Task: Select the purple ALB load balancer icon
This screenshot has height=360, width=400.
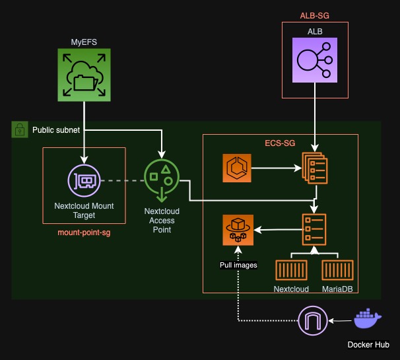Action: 316,59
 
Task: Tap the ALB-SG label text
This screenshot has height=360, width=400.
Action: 316,14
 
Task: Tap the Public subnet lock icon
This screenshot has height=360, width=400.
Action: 19,129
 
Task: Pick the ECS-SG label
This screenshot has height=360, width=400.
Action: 280,143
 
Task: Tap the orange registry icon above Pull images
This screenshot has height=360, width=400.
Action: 238,230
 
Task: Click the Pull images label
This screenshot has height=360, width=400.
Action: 238,265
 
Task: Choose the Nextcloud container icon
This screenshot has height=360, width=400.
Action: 292,270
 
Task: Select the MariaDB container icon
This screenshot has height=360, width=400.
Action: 337,270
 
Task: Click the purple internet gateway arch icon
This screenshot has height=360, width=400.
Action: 313,321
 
